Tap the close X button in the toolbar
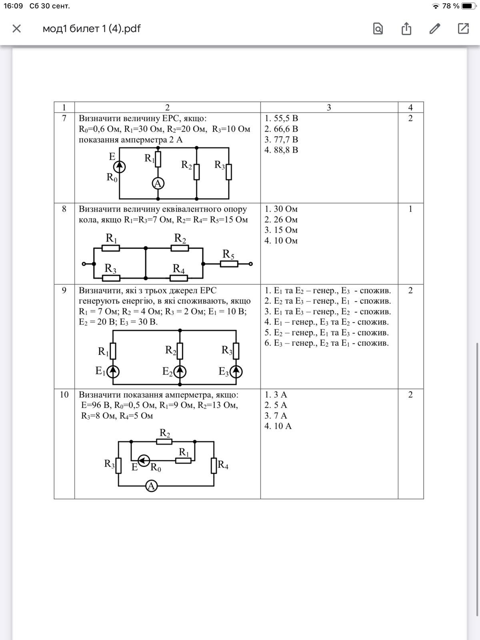(x=16, y=28)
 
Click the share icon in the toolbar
(x=406, y=28)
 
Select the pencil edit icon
(x=435, y=28)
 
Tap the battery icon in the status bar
(x=468, y=6)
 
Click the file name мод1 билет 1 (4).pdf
(x=92, y=28)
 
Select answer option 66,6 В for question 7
(x=281, y=129)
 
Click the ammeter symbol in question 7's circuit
(x=158, y=183)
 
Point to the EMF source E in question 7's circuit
(x=119, y=166)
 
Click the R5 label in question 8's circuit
(x=228, y=254)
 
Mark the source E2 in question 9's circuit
(x=180, y=372)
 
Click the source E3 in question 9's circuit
(x=236, y=372)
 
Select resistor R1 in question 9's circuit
(x=113, y=351)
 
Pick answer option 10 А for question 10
(x=278, y=426)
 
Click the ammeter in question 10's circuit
(x=151, y=486)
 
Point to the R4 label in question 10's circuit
(x=223, y=465)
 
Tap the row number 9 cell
(x=64, y=290)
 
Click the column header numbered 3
(x=329, y=107)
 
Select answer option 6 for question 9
(x=326, y=343)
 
